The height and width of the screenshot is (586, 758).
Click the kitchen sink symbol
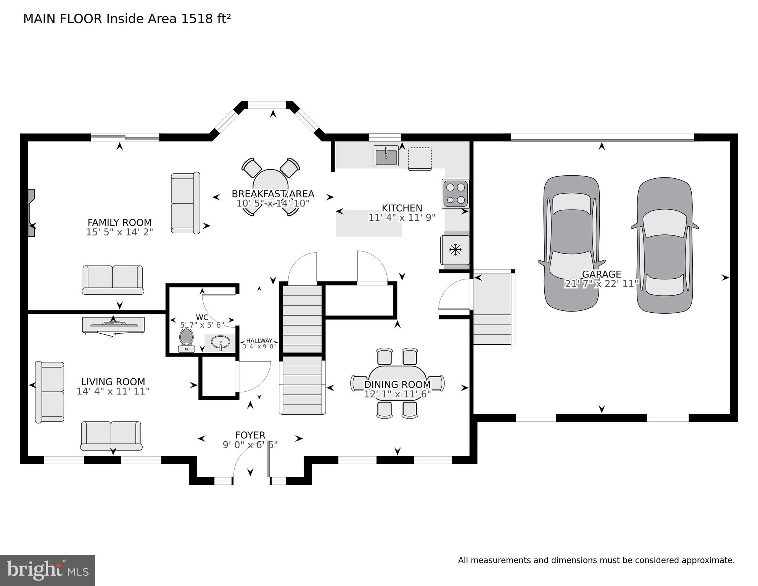click(386, 156)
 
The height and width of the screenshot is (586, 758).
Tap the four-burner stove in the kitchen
click(455, 193)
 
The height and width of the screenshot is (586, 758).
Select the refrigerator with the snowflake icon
click(455, 250)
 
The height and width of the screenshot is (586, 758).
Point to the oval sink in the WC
click(220, 342)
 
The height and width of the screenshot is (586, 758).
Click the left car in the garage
click(571, 243)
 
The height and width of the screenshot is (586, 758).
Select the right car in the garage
click(665, 245)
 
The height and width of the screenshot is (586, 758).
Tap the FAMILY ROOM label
click(119, 223)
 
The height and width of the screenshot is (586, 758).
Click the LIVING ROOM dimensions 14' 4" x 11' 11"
click(113, 391)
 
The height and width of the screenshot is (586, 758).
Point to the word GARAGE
click(601, 274)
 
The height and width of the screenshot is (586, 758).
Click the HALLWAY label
click(259, 341)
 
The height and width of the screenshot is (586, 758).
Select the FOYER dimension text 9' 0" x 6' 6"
click(250, 445)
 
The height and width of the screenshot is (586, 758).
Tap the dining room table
click(397, 383)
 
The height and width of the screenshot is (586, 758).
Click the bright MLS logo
click(47, 570)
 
